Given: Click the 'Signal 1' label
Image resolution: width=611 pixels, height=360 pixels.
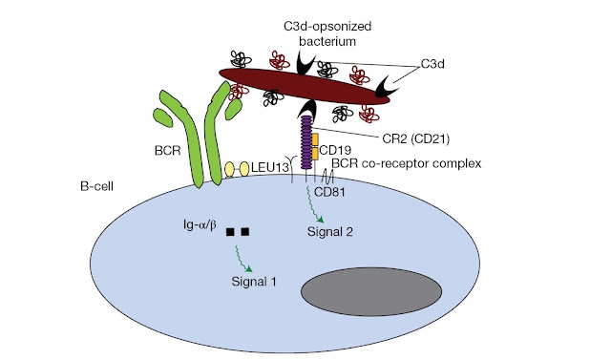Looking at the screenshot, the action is [x=254, y=282].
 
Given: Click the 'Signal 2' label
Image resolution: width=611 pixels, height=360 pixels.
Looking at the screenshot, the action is [x=330, y=232].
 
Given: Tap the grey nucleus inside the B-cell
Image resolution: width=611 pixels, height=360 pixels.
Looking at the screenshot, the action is [x=371, y=291].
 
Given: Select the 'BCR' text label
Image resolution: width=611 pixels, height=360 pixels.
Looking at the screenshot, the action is [x=168, y=150].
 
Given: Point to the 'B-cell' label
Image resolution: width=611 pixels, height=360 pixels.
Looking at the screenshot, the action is [x=96, y=186].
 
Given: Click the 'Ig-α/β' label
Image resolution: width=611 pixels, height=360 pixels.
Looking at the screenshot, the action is [x=200, y=224].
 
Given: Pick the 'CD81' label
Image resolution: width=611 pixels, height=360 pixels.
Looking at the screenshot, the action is [x=329, y=192].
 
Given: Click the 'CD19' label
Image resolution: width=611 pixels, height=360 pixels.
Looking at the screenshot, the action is [x=335, y=150].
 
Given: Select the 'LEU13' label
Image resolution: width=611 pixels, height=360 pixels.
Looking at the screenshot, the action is [x=269, y=168].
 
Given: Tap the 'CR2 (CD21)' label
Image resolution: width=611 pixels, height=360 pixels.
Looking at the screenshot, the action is [x=416, y=138].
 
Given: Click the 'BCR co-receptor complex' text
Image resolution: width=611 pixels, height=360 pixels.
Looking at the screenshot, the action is [x=407, y=163].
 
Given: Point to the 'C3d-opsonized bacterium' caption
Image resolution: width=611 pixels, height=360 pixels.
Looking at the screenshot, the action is [x=327, y=33].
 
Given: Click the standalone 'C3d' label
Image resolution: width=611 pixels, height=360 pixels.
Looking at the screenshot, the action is [x=432, y=64].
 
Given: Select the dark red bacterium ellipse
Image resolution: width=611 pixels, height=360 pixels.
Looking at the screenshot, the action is [x=304, y=86].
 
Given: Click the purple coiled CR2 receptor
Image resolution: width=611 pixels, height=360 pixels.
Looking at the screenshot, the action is [x=305, y=142].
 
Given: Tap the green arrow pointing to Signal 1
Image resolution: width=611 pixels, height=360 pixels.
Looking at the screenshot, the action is [x=242, y=259].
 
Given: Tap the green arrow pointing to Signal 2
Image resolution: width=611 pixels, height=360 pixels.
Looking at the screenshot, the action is [x=314, y=204].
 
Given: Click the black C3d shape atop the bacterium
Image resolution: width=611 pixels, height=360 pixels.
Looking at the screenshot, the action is [x=305, y=63].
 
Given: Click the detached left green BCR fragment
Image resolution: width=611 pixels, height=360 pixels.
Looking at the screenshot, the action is [x=163, y=116].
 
